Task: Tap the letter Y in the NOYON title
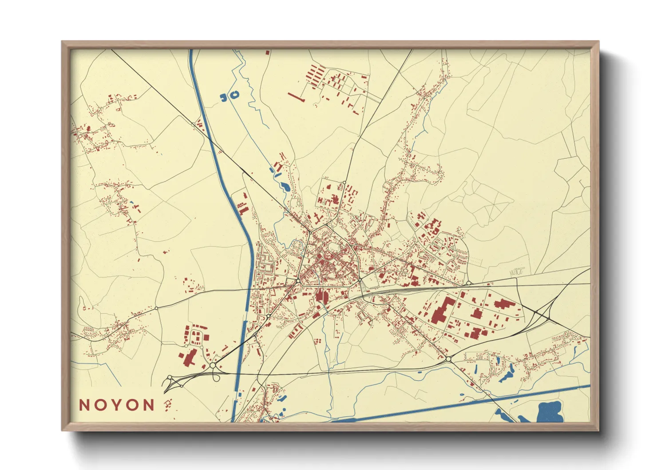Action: (x=117, y=405)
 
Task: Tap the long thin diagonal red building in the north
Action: (x=296, y=97)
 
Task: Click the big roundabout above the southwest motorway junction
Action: (x=213, y=365)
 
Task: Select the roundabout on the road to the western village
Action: (x=156, y=308)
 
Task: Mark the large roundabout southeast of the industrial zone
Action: (x=448, y=358)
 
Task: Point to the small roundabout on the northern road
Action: (x=344, y=182)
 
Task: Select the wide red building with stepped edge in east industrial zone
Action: (x=503, y=304)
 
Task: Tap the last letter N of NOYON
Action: (x=149, y=405)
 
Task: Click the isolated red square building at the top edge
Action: (x=267, y=52)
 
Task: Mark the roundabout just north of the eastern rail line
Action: (x=468, y=283)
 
